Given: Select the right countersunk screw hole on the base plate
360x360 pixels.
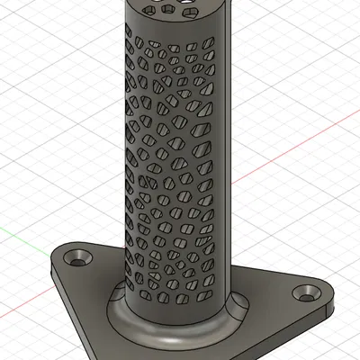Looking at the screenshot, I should pyautogui.click(x=310, y=292).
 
